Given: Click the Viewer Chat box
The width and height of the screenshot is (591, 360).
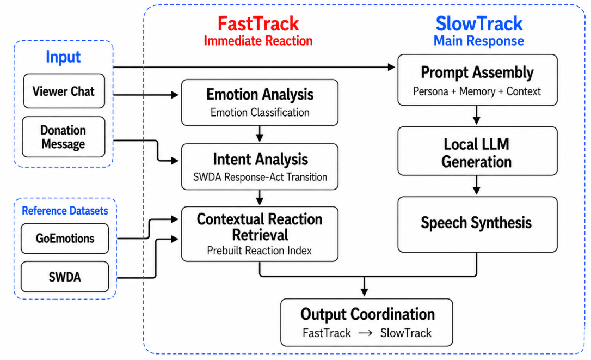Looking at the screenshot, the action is point(64,91).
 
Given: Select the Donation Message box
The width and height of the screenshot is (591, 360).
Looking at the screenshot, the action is point(63,137).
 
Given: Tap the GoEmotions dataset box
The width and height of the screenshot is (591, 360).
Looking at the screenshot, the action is point(65,239).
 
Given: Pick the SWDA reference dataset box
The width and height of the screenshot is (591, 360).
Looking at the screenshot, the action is point(65,277).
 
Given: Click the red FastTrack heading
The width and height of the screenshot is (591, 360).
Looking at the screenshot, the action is point(258,24).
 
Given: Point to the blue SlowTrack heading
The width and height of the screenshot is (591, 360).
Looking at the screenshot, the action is point(479,24).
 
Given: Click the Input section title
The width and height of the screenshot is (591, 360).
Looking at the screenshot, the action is point(63,57).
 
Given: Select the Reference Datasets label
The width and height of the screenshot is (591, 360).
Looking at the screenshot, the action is point(65,211).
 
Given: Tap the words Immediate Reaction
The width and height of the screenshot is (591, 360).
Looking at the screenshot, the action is point(258,41).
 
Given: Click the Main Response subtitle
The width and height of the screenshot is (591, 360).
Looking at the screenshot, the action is point(479,41).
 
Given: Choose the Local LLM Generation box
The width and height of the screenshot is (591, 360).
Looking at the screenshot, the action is point(477,151).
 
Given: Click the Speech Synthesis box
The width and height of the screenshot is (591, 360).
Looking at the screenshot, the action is point(477,224).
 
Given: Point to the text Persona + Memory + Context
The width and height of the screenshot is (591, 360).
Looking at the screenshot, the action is point(477,91).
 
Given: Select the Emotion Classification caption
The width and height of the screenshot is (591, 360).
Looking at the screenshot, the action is point(260,112).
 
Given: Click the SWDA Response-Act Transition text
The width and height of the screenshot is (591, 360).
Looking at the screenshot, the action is point(260,177).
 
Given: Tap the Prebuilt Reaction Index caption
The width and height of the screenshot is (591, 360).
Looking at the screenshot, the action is point(260,251).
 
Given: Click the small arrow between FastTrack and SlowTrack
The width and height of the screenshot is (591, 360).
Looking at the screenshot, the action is point(365,333).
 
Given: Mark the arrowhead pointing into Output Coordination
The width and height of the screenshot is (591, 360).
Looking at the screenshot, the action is point(364,292).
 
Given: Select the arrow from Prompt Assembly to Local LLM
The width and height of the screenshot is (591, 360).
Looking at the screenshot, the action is point(476,115).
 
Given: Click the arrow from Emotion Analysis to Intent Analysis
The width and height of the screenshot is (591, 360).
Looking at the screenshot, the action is point(260,133).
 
